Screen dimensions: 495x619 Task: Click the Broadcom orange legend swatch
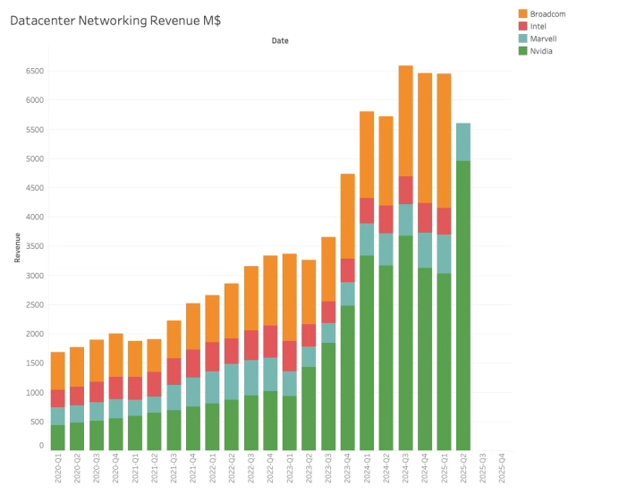coord(523,13)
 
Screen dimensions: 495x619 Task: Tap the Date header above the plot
coord(280,40)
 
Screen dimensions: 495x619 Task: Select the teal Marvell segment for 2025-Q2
coord(463,141)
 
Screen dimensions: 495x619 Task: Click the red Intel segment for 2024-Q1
coord(367,210)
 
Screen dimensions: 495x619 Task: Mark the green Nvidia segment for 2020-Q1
coord(57,437)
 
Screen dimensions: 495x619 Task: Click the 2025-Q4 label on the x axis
coord(502,470)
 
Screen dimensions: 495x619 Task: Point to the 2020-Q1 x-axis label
coord(57,470)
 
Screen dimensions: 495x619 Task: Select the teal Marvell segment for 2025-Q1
coord(444,253)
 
